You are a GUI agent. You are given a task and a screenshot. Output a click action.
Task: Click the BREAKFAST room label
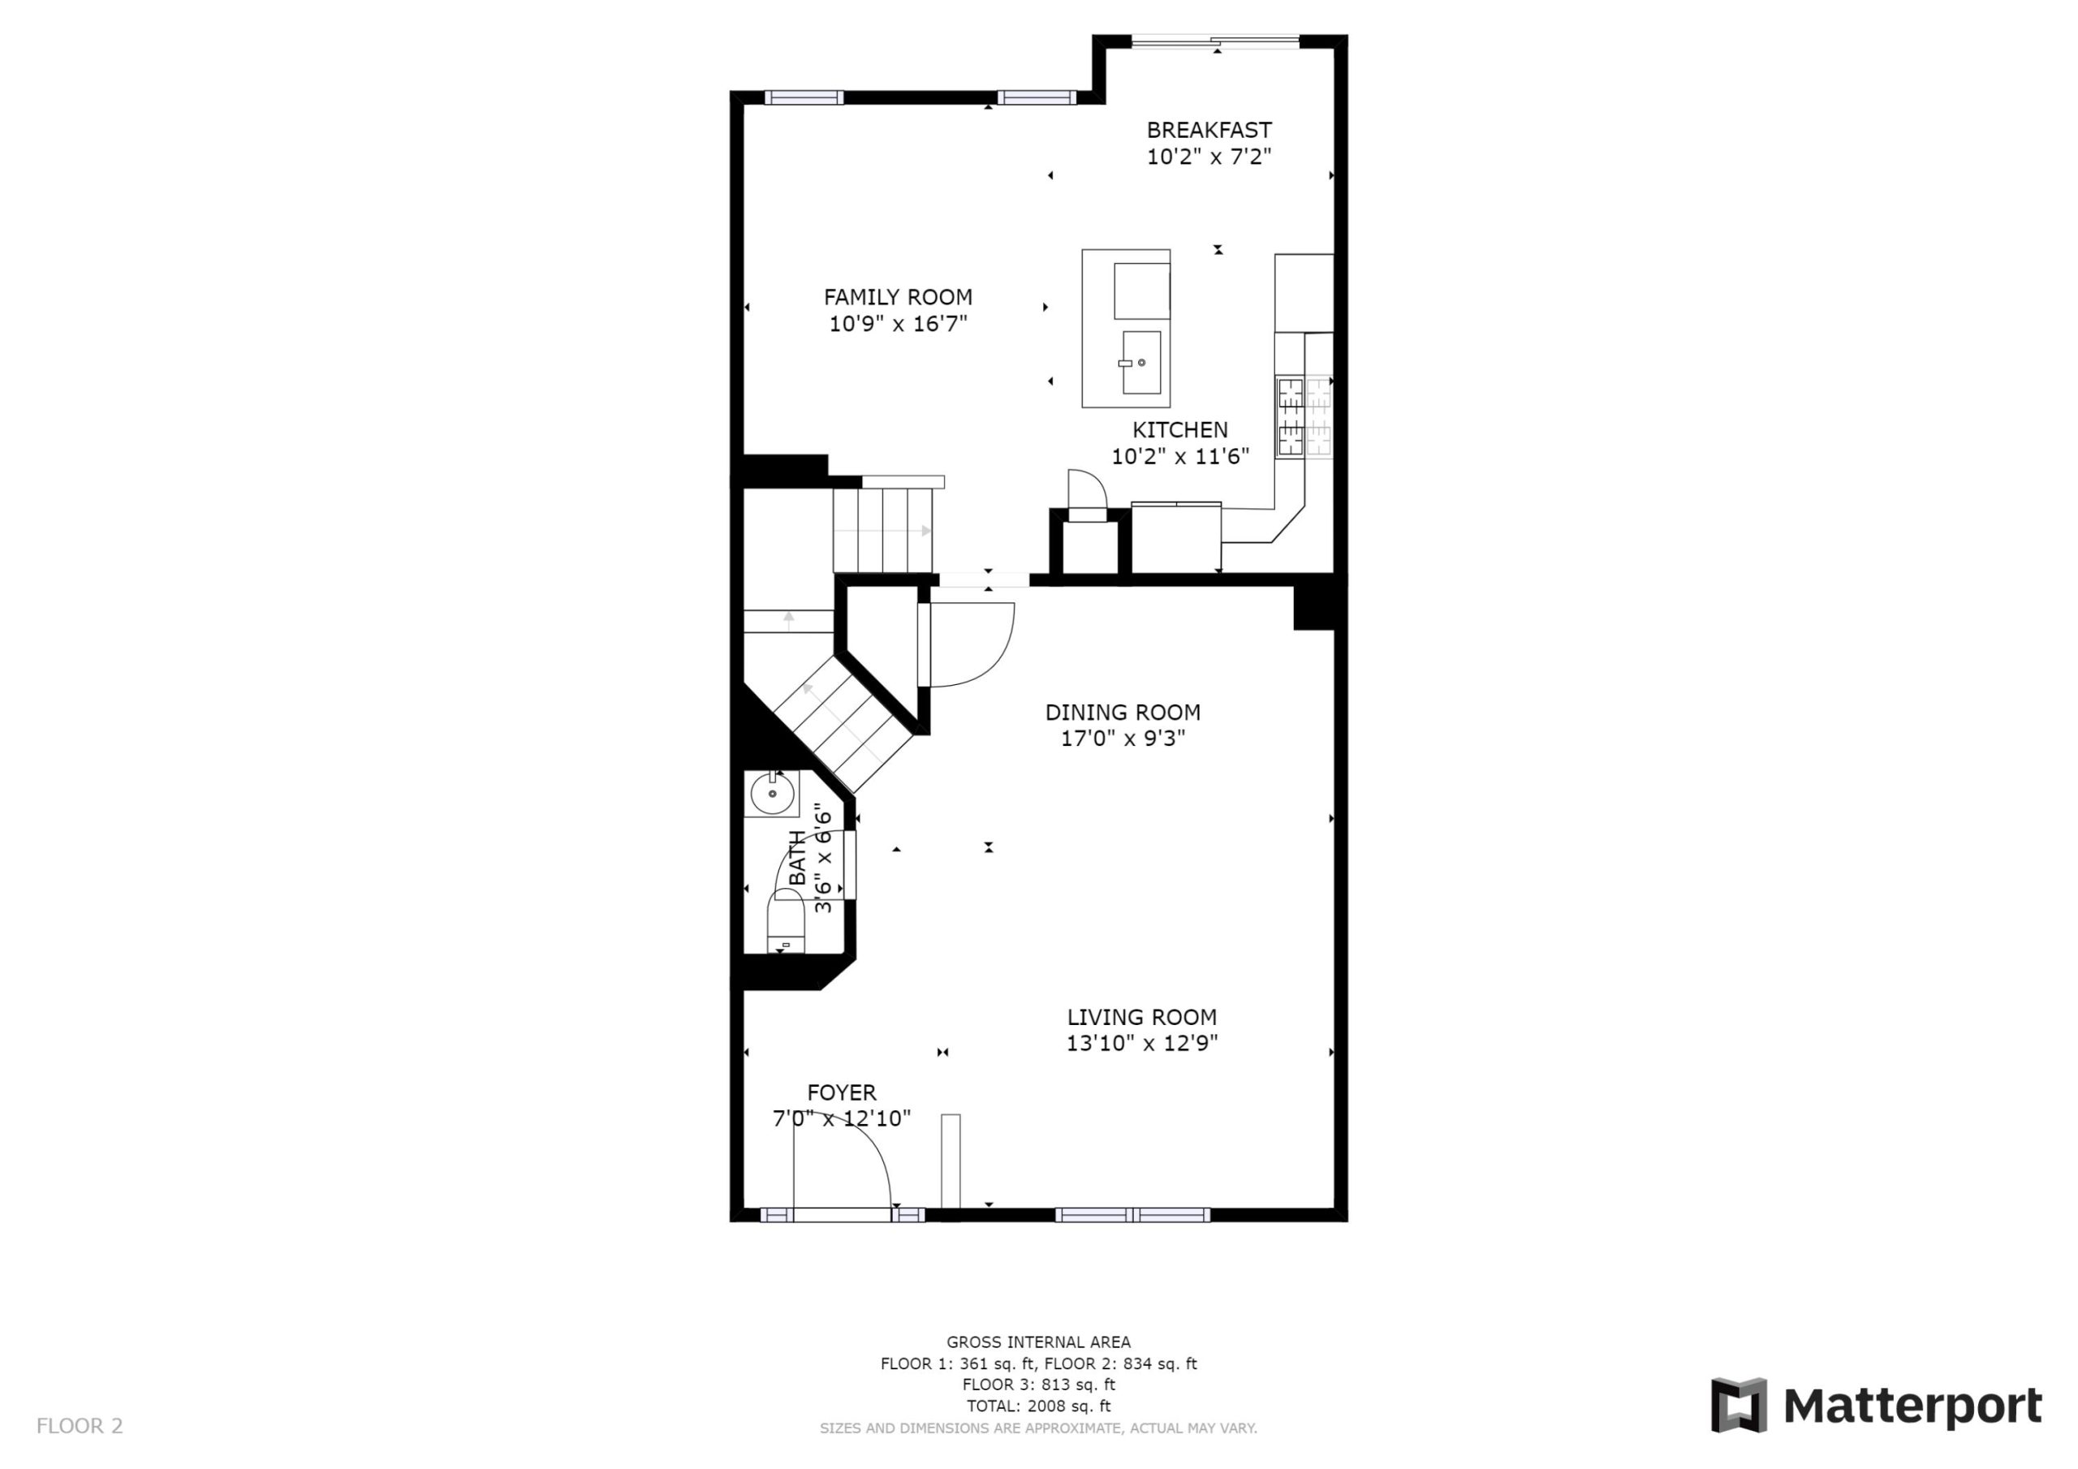[1209, 131]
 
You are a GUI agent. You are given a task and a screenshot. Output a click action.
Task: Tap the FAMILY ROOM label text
[898, 297]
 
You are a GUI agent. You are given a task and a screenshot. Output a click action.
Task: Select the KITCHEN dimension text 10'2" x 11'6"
[1180, 456]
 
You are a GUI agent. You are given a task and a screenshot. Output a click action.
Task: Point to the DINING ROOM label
[1123, 713]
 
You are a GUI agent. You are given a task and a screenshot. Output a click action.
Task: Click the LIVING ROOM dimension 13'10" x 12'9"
[1141, 1043]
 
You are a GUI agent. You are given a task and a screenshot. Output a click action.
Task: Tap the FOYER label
[842, 1092]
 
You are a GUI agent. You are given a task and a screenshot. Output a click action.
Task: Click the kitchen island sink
[1141, 362]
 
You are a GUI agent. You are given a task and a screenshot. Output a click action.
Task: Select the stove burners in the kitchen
[1304, 416]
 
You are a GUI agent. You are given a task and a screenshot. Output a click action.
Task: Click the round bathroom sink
[772, 794]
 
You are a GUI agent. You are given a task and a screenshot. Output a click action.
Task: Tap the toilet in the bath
[785, 921]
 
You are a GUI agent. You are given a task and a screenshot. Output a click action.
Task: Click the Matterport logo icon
[1738, 1406]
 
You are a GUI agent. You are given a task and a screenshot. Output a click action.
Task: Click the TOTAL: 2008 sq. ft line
[1038, 1406]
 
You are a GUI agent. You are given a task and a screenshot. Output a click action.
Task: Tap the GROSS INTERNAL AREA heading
[1038, 1342]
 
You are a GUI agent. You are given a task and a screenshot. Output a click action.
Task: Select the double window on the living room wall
[1132, 1215]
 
